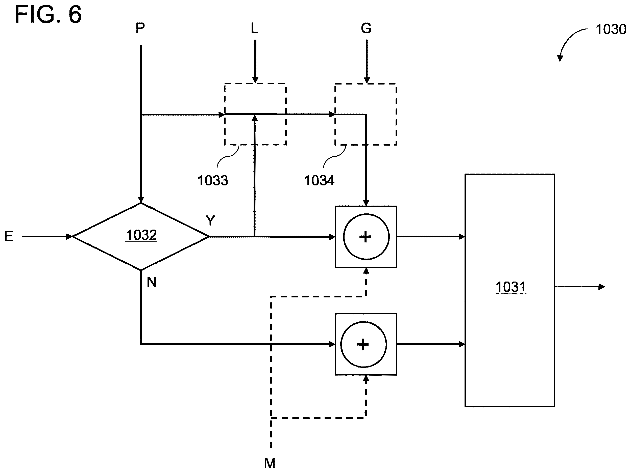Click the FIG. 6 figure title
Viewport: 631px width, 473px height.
[48, 14]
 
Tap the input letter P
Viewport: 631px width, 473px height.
[140, 28]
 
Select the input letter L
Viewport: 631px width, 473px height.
[254, 28]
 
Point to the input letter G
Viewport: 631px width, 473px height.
[366, 28]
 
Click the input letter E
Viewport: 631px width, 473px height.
[9, 237]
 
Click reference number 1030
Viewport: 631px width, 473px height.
[611, 29]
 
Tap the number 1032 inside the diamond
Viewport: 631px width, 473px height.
[141, 235]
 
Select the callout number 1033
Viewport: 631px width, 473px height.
[213, 181]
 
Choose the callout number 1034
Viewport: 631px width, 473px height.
[319, 181]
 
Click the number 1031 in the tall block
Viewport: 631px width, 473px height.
[511, 287]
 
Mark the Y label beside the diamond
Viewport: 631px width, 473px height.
[210, 220]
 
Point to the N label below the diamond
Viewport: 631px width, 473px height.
[152, 282]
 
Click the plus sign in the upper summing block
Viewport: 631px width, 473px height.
[366, 237]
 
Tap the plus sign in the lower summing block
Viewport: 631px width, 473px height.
[363, 345]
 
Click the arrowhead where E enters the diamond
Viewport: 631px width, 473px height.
[69, 237]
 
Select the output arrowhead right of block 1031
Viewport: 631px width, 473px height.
[602, 287]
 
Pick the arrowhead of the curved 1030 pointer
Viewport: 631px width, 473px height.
[560, 58]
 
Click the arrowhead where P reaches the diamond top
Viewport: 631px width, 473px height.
[141, 200]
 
